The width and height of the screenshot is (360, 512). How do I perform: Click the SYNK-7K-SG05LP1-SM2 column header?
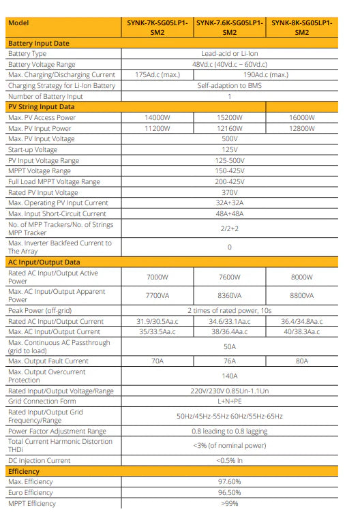point(157,27)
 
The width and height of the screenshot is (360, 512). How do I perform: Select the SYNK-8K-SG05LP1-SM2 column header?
point(302,27)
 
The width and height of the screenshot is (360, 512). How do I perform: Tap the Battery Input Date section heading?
point(39,43)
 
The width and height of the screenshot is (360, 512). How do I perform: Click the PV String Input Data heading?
point(41,107)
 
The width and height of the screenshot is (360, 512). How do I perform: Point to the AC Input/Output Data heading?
point(44,262)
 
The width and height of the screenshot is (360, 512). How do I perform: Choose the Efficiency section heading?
point(24,471)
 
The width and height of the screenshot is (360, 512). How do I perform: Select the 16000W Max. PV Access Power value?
point(302,118)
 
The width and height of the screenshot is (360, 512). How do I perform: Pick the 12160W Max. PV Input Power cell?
point(229,128)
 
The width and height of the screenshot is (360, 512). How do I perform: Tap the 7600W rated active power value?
point(229,277)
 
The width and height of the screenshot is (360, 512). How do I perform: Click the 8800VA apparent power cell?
point(302,295)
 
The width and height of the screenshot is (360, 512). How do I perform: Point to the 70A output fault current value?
point(157,361)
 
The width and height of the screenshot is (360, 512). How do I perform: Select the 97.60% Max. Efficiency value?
point(229,482)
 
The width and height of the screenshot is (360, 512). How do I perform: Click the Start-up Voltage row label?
point(33,149)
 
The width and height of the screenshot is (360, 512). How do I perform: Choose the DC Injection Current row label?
point(39,461)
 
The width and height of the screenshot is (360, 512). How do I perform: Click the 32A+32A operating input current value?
point(229,202)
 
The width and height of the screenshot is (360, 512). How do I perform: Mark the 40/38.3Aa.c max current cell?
point(302,331)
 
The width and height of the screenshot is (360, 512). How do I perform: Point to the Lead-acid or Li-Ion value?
point(229,53)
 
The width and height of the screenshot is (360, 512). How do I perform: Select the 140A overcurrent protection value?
point(229,376)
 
